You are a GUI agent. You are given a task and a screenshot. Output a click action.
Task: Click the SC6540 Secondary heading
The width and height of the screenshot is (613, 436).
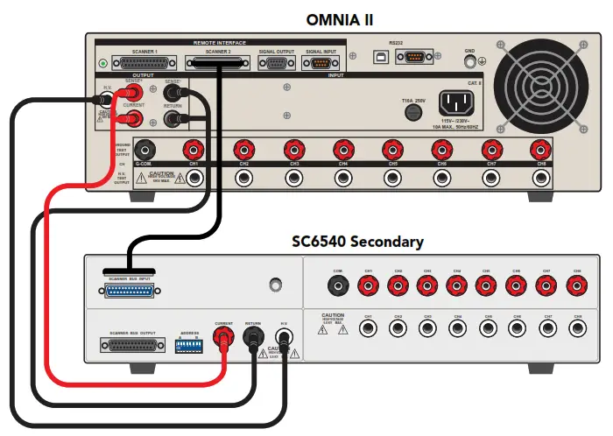tap(357, 241)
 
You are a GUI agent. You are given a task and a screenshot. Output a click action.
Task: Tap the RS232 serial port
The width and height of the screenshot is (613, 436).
tap(414, 57)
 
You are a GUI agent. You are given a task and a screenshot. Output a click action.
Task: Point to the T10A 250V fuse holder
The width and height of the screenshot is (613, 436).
tap(407, 116)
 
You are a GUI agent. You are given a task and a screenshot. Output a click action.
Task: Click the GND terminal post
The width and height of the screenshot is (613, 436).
tap(470, 61)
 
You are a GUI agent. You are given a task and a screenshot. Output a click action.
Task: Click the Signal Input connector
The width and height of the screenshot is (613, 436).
tap(320, 64)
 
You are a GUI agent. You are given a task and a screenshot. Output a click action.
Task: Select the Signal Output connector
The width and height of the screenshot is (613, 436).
tap(277, 64)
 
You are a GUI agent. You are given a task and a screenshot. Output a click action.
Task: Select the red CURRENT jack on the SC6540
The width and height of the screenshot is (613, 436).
tap(224, 335)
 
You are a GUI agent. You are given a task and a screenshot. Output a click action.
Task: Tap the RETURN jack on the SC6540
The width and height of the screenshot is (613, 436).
tap(254, 335)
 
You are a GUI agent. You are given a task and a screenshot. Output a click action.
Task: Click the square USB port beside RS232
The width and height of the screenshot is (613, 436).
tap(382, 57)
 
